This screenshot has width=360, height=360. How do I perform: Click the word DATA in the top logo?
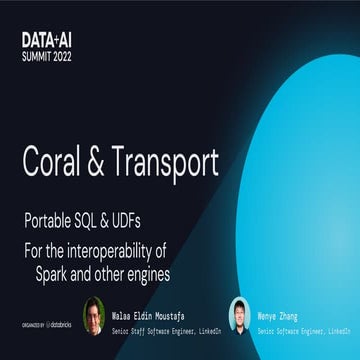pos(36,38)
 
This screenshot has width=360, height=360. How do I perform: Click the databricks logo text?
pos(62,324)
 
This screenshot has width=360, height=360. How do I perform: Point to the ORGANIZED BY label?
pos(31,324)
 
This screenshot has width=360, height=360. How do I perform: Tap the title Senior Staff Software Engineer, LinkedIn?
pos(165,329)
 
